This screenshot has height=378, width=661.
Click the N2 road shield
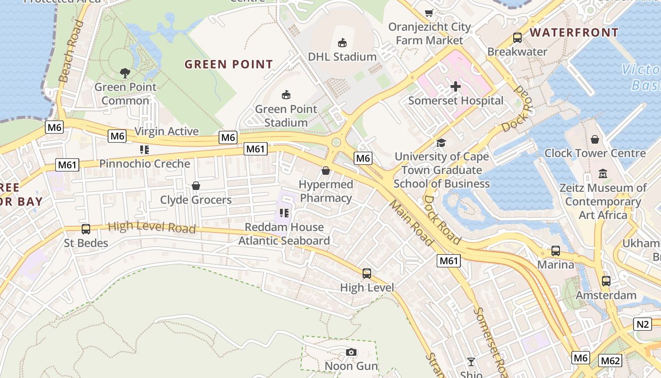[x=643, y=324]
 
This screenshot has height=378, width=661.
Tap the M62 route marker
[x=610, y=361]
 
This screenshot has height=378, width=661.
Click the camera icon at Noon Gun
[x=351, y=352]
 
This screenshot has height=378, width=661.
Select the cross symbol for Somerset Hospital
[x=455, y=86]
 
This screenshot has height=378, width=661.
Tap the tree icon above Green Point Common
[x=125, y=73]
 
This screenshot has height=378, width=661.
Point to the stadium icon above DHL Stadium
[x=342, y=43]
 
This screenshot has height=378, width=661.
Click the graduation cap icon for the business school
[x=441, y=143]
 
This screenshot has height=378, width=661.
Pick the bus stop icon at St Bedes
[x=86, y=229]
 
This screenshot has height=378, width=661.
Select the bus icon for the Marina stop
[x=556, y=251]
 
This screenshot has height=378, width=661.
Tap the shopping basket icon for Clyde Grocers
[x=196, y=186]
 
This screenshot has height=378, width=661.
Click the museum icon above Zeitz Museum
[x=603, y=174]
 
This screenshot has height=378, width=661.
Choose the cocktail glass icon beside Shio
[x=471, y=362]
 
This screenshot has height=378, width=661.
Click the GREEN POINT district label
[x=229, y=64]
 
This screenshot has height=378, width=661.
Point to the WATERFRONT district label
[x=574, y=33]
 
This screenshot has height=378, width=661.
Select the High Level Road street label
[x=152, y=227]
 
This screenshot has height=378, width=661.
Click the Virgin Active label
[x=167, y=131]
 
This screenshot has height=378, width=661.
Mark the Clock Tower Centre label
[x=595, y=153]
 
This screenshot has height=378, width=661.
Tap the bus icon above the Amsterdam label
[x=606, y=281]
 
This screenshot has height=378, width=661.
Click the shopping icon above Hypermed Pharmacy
[x=326, y=170]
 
